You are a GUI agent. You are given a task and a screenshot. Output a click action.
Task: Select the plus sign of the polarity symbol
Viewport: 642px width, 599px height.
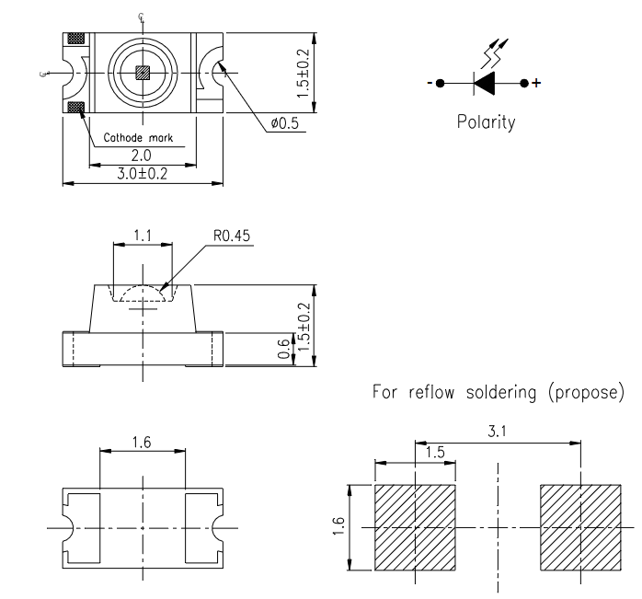[537, 84]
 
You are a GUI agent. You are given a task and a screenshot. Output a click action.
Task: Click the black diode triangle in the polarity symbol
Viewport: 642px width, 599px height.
[486, 84]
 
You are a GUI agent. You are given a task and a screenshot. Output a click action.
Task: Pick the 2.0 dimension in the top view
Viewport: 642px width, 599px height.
[142, 156]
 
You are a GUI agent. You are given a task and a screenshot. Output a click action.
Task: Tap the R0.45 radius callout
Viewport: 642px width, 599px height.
[232, 236]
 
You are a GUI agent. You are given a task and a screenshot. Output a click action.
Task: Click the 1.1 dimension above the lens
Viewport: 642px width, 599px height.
[142, 236]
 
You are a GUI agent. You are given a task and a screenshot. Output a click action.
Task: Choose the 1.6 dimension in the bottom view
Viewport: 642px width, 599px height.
[142, 443]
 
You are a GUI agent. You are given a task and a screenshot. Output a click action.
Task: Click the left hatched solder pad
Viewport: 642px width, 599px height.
[416, 527]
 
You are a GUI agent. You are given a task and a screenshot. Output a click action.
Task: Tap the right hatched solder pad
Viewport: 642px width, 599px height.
[580, 527]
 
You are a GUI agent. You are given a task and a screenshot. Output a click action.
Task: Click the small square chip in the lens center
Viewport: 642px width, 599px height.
[142, 73]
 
